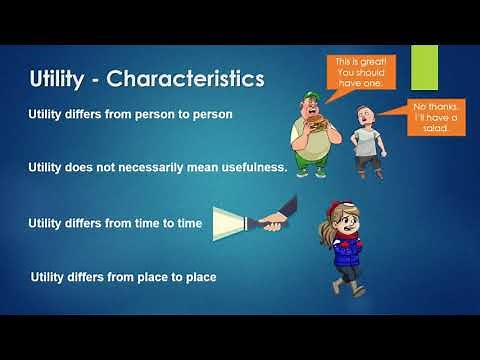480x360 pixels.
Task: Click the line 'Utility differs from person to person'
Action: [x=130, y=114]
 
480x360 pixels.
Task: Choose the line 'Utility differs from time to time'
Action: [x=116, y=223]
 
